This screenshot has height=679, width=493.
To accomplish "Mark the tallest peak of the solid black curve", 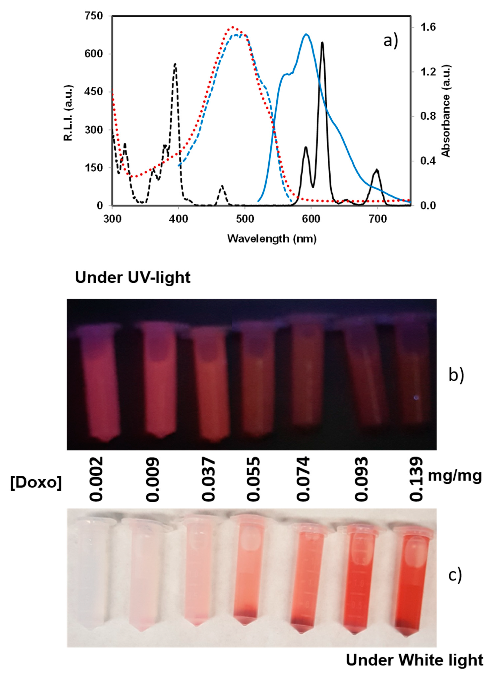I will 322,43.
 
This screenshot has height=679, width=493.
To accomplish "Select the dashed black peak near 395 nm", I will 175,64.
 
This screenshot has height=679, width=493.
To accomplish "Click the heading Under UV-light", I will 132,278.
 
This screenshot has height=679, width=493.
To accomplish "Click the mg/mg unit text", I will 455,475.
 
